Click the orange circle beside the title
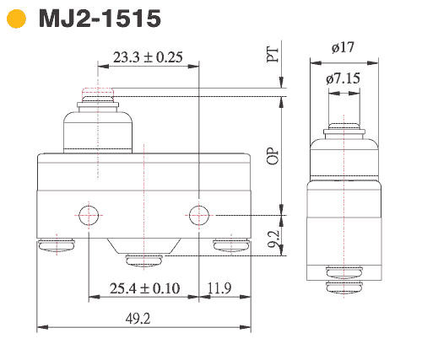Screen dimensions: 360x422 pos(17,19)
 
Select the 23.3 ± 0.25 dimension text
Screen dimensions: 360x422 pos(148,57)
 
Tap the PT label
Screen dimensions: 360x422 pos(271,56)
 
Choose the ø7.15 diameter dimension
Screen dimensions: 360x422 pos(344,78)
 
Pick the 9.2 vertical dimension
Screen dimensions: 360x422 pos(271,239)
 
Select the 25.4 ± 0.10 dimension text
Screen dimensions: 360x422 pos(143,288)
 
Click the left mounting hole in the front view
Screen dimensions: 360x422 pos(89,213)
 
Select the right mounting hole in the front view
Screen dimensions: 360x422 pos(198,213)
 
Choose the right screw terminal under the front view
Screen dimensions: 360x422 pos(230,246)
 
